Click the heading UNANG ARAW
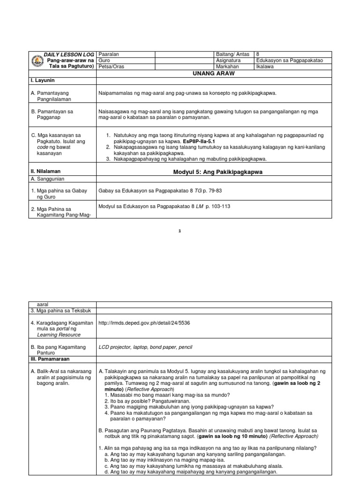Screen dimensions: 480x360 click(x=213, y=74)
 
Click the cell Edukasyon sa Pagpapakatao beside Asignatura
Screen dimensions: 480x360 click(x=290, y=60)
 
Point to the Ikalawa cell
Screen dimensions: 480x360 click(x=265, y=67)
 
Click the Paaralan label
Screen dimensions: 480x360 click(x=108, y=54)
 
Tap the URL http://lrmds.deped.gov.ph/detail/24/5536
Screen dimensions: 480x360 click(x=144, y=323)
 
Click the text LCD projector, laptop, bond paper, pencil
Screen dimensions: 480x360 click(x=146, y=347)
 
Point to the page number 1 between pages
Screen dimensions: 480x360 click(x=180, y=231)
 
